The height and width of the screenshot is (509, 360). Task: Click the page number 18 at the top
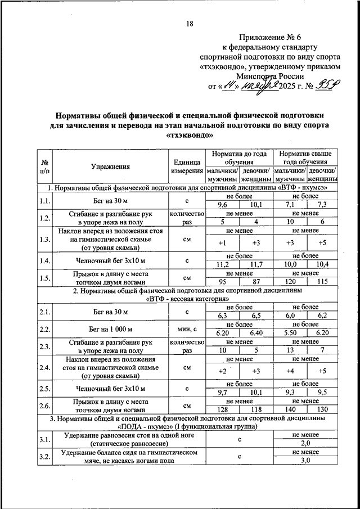(190, 23)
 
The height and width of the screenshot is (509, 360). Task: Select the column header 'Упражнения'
(110, 166)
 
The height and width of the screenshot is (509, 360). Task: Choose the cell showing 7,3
(322, 204)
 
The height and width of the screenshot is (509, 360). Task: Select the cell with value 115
(322, 281)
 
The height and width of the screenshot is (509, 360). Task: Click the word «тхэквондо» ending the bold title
(190, 136)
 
